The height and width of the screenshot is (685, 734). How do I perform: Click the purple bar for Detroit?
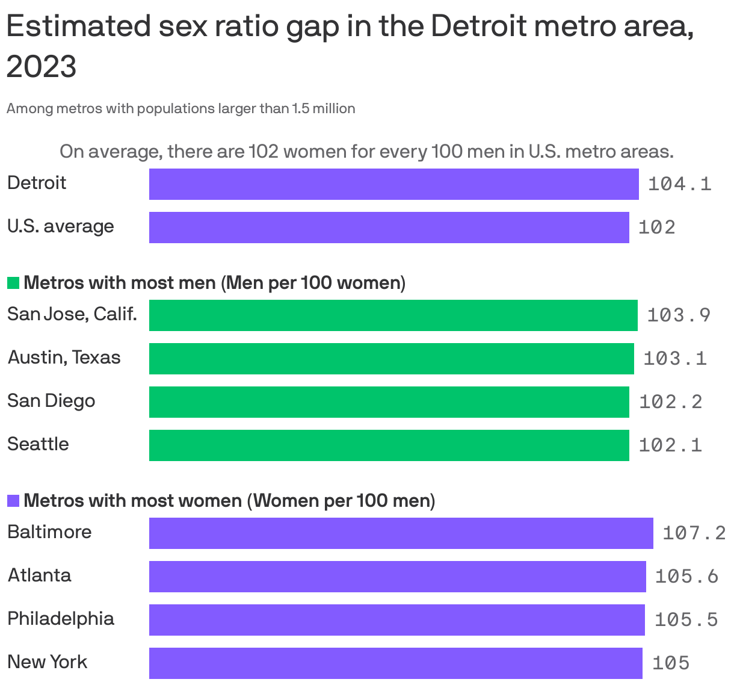(393, 184)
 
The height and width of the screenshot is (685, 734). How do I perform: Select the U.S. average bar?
(389, 228)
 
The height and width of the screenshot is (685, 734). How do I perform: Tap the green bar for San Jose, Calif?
(393, 315)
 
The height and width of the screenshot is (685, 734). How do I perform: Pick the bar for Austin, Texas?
(391, 359)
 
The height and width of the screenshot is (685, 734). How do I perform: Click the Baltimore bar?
(401, 533)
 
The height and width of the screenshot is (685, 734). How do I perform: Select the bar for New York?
(395, 663)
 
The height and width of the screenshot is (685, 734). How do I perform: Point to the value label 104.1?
(679, 184)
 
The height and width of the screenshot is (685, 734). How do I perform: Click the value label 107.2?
(694, 533)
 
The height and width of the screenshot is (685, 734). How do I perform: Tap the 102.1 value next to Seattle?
(670, 445)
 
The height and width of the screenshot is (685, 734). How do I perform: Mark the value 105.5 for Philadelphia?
(686, 620)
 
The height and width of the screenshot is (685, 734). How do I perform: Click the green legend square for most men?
(13, 283)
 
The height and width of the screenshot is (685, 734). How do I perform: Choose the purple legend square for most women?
(13, 501)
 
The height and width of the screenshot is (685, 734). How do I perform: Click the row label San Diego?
(51, 401)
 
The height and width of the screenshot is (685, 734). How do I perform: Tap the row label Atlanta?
(39, 575)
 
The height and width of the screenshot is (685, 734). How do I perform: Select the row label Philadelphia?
(61, 619)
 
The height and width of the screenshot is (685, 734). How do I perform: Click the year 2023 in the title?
(42, 66)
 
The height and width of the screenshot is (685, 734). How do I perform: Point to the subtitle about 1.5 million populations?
(180, 109)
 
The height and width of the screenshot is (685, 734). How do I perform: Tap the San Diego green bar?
(389, 402)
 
